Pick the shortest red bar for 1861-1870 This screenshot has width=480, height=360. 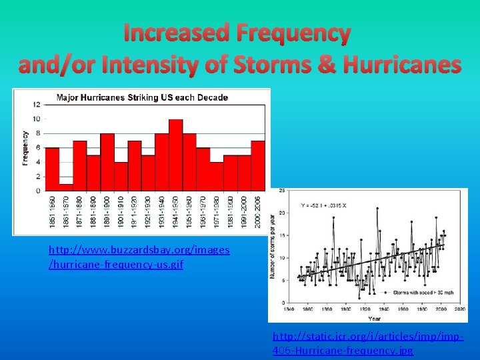(x=65, y=187)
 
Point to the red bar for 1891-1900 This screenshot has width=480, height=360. (x=107, y=162)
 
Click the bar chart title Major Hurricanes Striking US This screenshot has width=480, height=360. (x=142, y=97)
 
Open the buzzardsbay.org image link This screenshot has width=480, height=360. (x=139, y=257)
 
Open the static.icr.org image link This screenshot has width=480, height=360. (x=368, y=344)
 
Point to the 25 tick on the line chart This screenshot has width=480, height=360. (x=282, y=191)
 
